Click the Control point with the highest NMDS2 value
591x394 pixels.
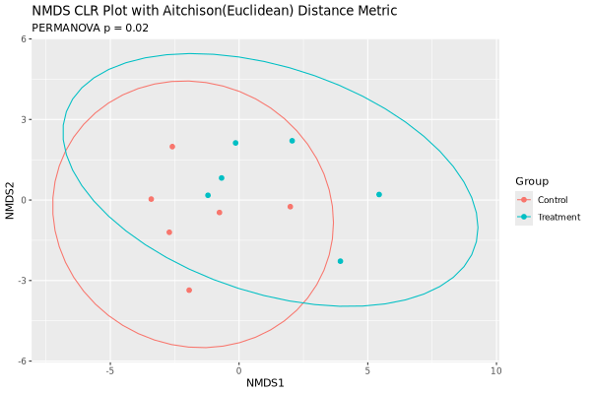171,147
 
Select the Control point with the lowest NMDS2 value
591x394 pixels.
189,291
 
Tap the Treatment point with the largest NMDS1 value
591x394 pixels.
379,194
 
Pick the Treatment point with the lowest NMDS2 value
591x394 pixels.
341,261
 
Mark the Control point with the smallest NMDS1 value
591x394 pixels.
151,199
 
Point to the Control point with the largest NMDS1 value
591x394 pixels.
291,207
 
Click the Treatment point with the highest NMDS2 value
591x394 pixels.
293,141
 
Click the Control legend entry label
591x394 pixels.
553,200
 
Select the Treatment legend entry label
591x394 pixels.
558,217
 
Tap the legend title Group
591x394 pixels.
532,181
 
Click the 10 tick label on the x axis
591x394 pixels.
495,371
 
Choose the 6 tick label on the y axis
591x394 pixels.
34,39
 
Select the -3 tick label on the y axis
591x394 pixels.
33,281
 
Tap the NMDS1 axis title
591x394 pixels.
265,383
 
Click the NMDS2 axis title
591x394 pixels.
11,200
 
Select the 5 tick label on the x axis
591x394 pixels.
367,371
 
